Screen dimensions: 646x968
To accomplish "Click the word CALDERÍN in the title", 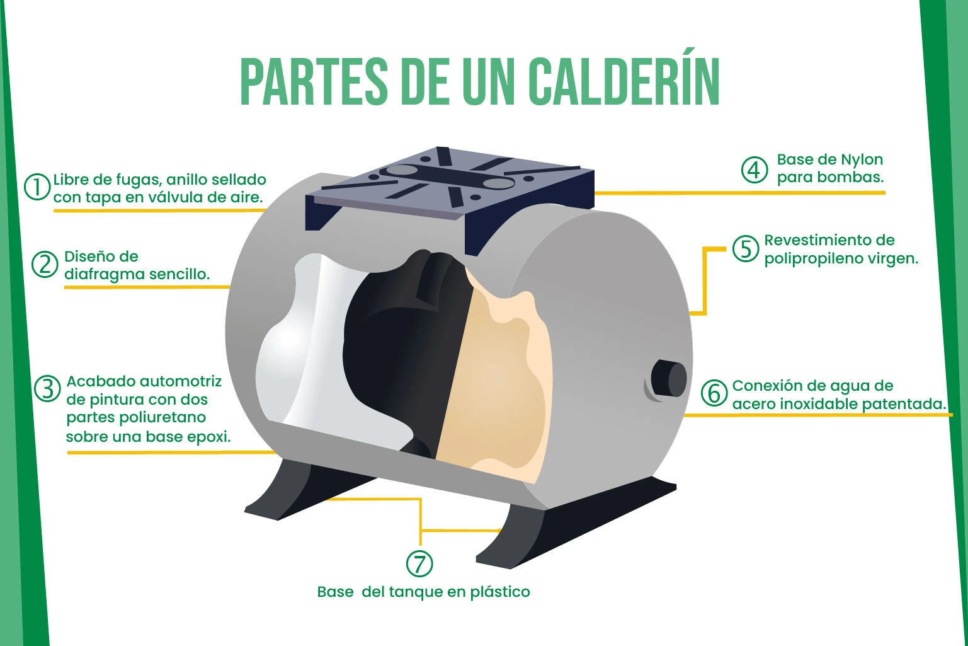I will tap(624, 83).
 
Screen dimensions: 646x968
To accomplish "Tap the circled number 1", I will tap(37, 187).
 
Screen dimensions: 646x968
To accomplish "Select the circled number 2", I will tap(45, 265).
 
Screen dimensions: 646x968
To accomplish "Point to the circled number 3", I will tap(47, 389).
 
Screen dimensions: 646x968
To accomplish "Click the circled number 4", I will tap(754, 169).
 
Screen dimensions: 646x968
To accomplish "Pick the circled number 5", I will tap(746, 249).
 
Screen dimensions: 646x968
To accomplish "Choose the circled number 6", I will tap(714, 393).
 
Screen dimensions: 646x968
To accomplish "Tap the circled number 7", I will tap(419, 563).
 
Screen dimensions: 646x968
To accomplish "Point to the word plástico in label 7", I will tap(499, 592).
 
